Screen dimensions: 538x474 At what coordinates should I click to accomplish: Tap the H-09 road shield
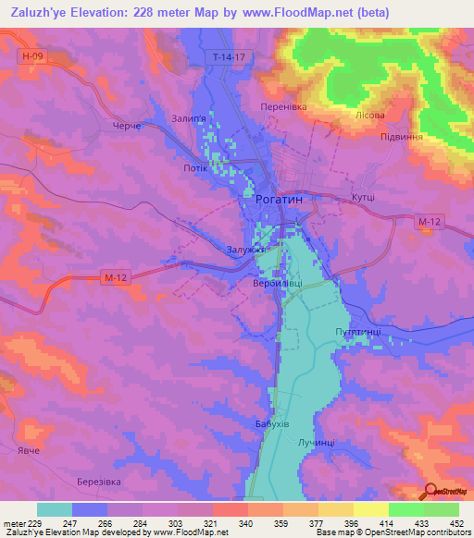[31, 56]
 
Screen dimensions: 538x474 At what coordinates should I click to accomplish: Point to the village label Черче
[125, 126]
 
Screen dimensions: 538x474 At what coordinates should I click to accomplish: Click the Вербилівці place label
[277, 284]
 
